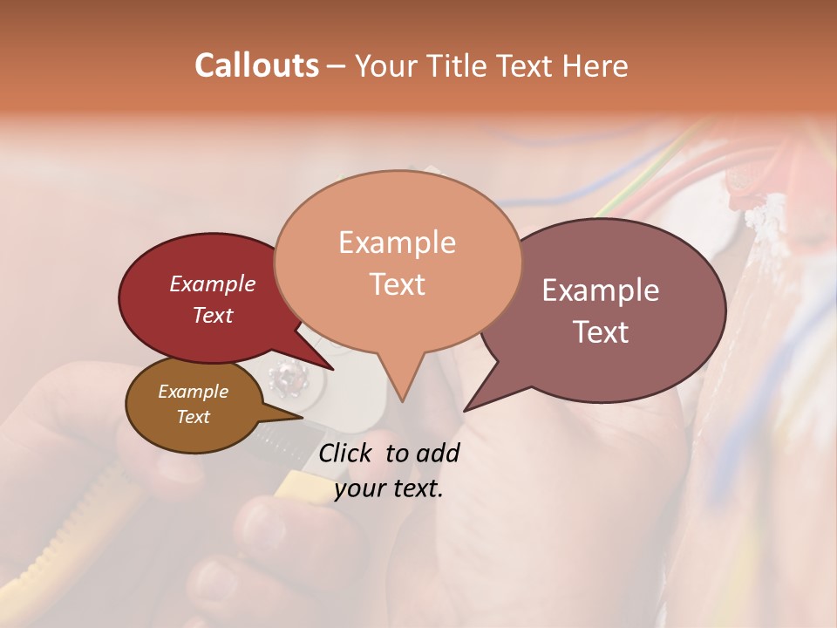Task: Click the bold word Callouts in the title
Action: [x=256, y=65]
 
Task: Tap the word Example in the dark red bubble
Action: [x=213, y=283]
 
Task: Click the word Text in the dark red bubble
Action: [x=213, y=315]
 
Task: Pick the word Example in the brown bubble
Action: [x=193, y=392]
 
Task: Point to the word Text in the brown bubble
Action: [x=193, y=417]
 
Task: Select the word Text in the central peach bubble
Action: [x=397, y=283]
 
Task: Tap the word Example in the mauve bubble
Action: [x=601, y=290]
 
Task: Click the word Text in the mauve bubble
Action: [x=601, y=332]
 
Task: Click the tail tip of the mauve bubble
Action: [x=465, y=410]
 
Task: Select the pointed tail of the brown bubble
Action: [x=302, y=417]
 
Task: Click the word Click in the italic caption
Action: [x=348, y=453]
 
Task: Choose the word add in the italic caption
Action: [x=439, y=453]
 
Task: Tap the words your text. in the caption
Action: [x=389, y=488]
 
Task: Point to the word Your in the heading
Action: [x=386, y=66]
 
